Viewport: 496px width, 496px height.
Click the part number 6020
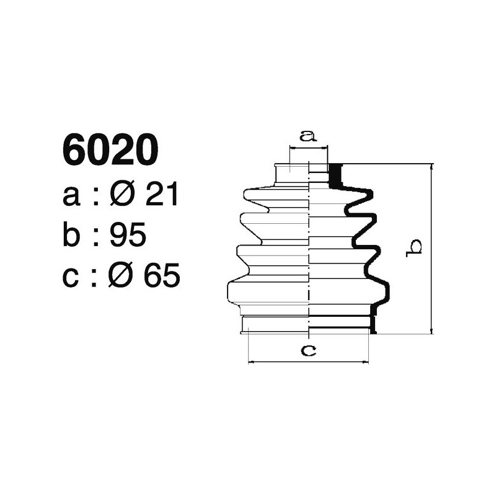[110, 151]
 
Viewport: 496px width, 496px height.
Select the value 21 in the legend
[161, 196]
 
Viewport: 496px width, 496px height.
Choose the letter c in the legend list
[71, 276]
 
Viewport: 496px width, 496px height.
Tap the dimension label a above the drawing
[308, 135]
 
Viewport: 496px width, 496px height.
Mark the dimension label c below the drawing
[308, 350]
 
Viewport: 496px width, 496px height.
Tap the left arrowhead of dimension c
[251, 361]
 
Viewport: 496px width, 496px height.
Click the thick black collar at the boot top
[335, 175]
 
